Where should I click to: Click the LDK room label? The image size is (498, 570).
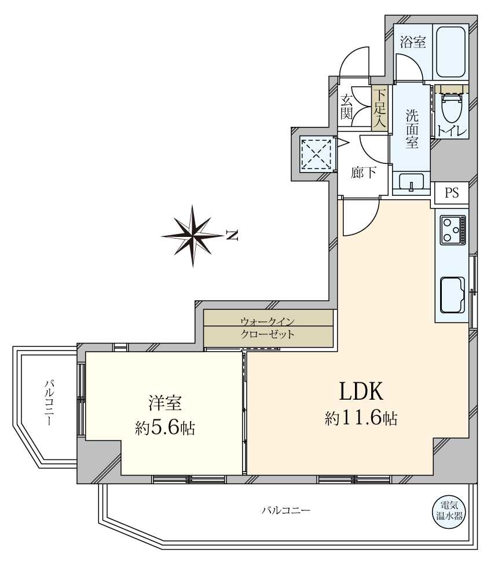click(361, 392)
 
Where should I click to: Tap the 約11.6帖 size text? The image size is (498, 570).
click(361, 419)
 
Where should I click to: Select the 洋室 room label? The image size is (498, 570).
click(165, 401)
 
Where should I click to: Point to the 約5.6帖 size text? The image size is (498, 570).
click(165, 428)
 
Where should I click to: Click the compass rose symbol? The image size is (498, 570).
click(193, 235)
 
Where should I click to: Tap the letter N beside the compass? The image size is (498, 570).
click(232, 235)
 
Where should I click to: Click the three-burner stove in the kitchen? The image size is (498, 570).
click(452, 229)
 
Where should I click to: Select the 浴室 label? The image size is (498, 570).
click(413, 42)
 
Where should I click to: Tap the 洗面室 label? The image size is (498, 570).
click(411, 127)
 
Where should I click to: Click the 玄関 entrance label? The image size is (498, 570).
click(347, 106)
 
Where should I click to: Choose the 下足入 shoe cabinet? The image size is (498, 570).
click(379, 108)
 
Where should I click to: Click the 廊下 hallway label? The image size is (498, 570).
click(363, 173)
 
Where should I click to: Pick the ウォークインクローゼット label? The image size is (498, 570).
click(268, 328)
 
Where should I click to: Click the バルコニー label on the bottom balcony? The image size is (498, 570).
click(285, 510)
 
